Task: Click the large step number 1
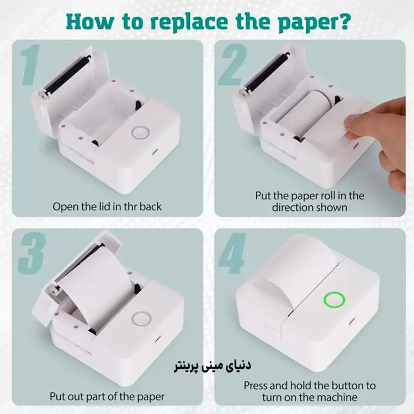point(30,65)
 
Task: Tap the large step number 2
point(232,65)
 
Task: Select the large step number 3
point(31,253)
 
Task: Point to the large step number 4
point(232,253)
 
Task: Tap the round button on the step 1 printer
point(141,132)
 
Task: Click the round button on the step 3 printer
point(141,319)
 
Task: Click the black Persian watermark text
point(213,366)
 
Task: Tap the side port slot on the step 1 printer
point(155,152)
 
